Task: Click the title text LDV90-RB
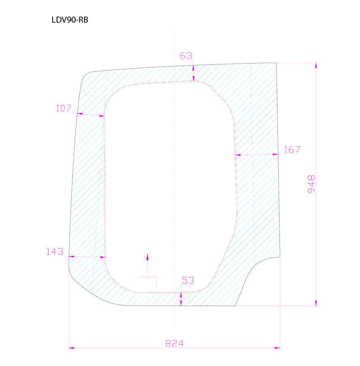pos(70,20)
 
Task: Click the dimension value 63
pos(186,56)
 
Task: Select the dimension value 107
pos(64,108)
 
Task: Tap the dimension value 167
pos(292,149)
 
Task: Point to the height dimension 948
pos(311,184)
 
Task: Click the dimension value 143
pos(55,251)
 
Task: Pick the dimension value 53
pos(188,280)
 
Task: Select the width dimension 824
pos(174,343)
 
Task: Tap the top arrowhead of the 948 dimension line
pos(316,66)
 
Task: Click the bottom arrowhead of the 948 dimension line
pos(316,303)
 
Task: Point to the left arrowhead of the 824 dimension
pos(72,348)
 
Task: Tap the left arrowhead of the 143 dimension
pos(71,256)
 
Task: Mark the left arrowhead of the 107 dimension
pos(79,113)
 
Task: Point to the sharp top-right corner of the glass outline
pos(276,63)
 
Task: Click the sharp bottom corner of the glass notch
pos(235,306)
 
